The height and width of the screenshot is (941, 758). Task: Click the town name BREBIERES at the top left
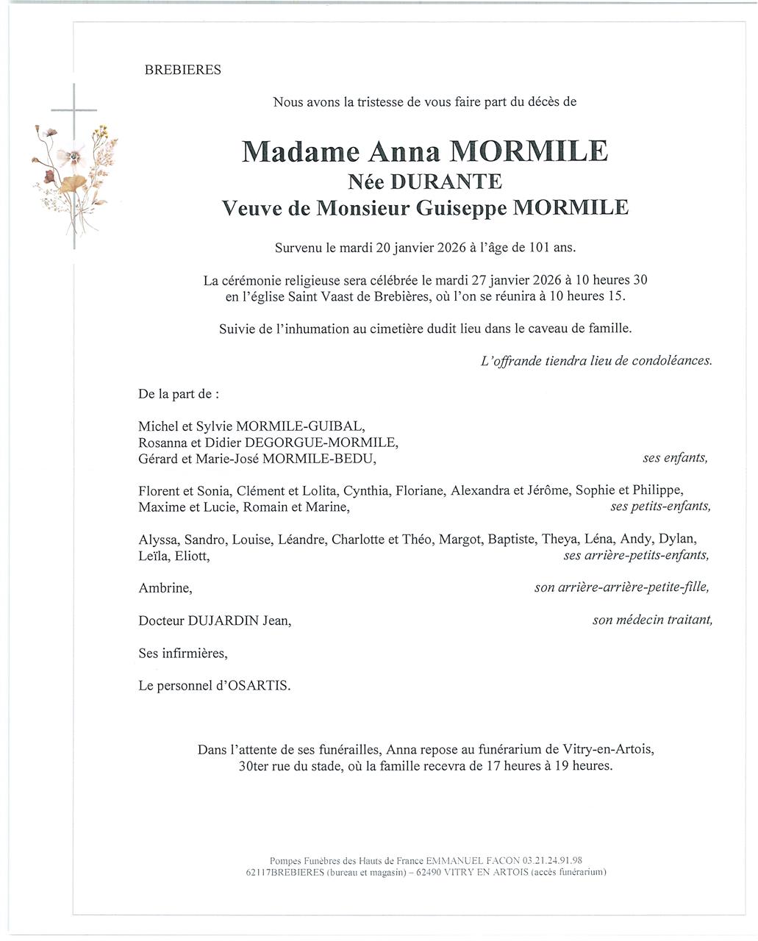[183, 70]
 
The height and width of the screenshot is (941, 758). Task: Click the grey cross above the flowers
[74, 110]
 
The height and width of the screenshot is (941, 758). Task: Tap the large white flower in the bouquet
[74, 157]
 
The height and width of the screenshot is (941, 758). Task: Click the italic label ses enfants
[675, 457]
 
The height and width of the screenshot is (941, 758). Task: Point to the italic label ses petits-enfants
[660, 506]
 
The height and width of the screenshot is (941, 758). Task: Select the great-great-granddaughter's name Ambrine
[165, 588]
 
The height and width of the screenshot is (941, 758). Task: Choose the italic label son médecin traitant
[652, 620]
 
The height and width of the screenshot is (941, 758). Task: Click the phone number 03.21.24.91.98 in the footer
[553, 860]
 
